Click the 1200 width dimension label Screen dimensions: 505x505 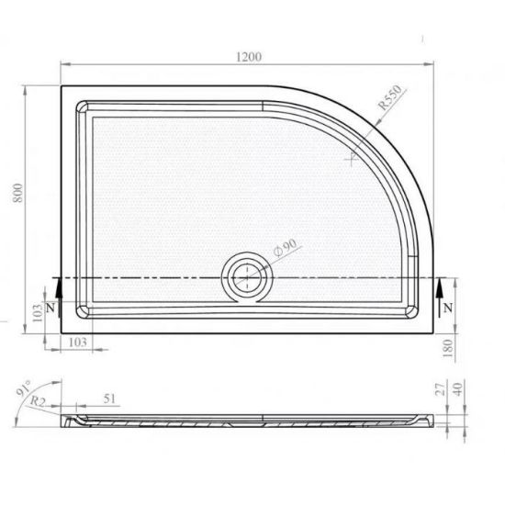(249, 57)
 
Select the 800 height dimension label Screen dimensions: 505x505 (18, 193)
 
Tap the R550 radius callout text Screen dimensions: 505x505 (390, 97)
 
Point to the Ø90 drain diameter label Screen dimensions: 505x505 (285, 248)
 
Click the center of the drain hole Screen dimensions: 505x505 (247, 277)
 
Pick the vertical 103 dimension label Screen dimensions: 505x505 (38, 313)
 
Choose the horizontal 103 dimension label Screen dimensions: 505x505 (78, 342)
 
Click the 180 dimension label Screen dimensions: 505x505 (448, 348)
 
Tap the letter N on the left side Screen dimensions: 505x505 (50, 309)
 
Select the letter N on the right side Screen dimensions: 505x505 (448, 309)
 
